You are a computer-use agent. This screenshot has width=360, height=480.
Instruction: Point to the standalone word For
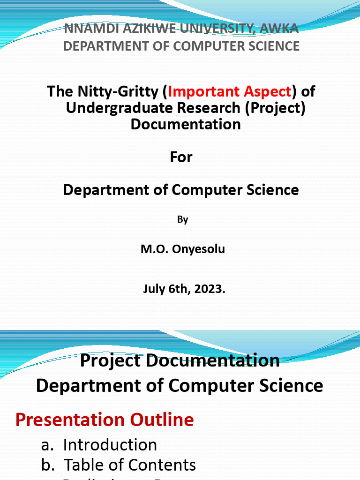pos(181,157)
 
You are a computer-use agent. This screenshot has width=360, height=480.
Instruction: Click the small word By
pos(182,219)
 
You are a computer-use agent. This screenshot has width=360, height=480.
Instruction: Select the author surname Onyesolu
pos(198,249)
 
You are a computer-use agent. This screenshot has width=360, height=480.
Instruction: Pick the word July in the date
pos(155,289)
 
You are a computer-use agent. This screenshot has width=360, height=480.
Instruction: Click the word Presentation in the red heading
pos(70,420)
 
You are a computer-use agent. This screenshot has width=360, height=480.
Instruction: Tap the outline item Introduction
pos(110,444)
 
